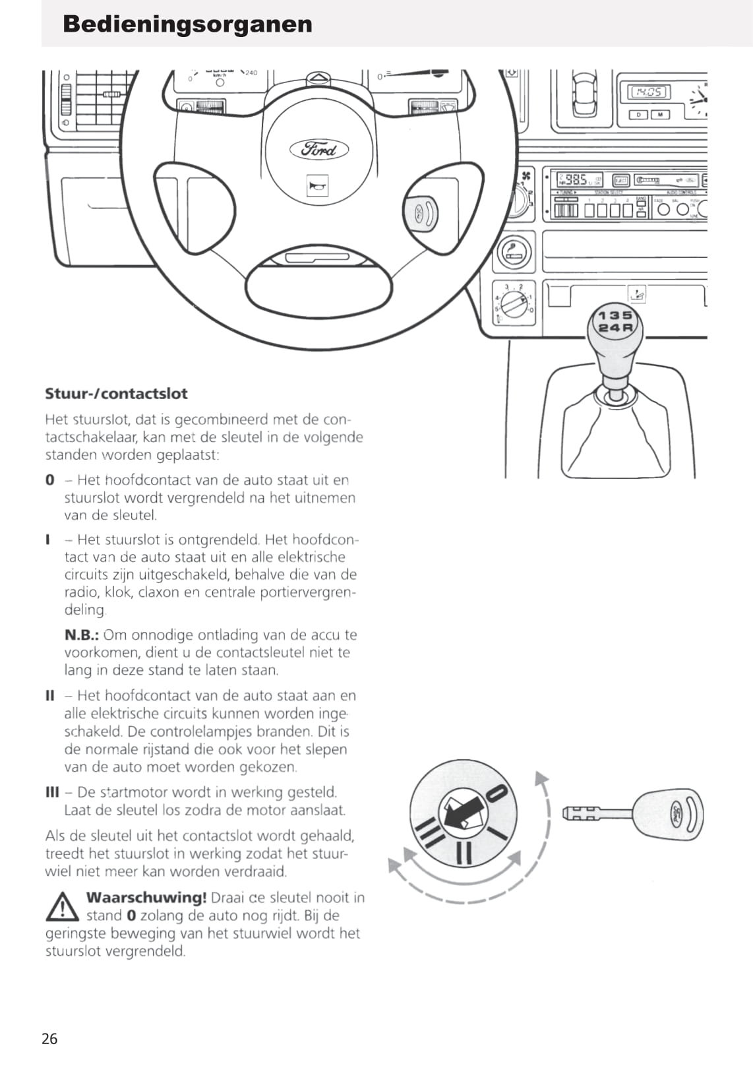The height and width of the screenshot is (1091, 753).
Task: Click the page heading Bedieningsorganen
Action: click(x=187, y=24)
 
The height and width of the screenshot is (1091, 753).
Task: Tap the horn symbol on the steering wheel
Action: click(x=317, y=187)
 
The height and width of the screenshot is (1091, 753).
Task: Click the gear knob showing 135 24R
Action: click(x=615, y=321)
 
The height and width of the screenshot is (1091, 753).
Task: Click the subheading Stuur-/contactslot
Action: click(x=116, y=394)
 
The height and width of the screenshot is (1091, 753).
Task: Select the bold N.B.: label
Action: click(x=81, y=635)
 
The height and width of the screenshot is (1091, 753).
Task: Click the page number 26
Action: click(x=49, y=1039)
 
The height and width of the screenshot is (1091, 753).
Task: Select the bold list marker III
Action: click(x=52, y=792)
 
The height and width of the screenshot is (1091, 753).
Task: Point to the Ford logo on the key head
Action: click(x=678, y=813)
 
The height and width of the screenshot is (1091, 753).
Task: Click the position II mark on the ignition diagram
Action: click(x=464, y=852)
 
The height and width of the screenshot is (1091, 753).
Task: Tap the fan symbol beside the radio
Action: click(x=526, y=175)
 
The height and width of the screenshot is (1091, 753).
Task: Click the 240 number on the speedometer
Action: click(x=251, y=73)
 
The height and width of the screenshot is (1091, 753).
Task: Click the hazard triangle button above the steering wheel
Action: click(x=319, y=78)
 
